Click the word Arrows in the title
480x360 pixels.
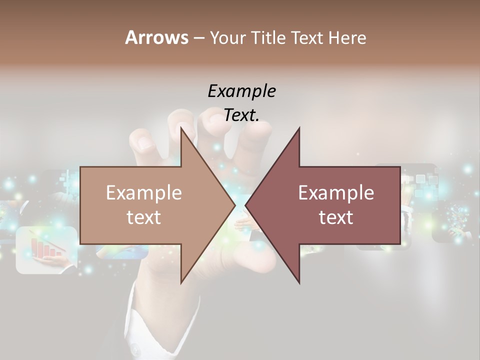pos(156,37)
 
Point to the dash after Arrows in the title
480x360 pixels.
pos(198,38)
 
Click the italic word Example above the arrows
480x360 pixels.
pos(241,91)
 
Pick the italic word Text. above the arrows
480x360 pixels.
pos(241,115)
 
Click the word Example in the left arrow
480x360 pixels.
pos(143,192)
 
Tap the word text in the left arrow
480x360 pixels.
pos(143,217)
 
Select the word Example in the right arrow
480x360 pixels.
pos(336,192)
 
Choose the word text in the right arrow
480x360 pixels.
pos(336,217)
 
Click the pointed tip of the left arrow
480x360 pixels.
pos(234,205)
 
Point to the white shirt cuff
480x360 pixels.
pos(150,320)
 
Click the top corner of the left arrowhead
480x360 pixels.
pos(181,128)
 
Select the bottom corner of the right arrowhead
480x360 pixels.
pos(299,283)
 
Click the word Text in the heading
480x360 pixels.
pos(307,37)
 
